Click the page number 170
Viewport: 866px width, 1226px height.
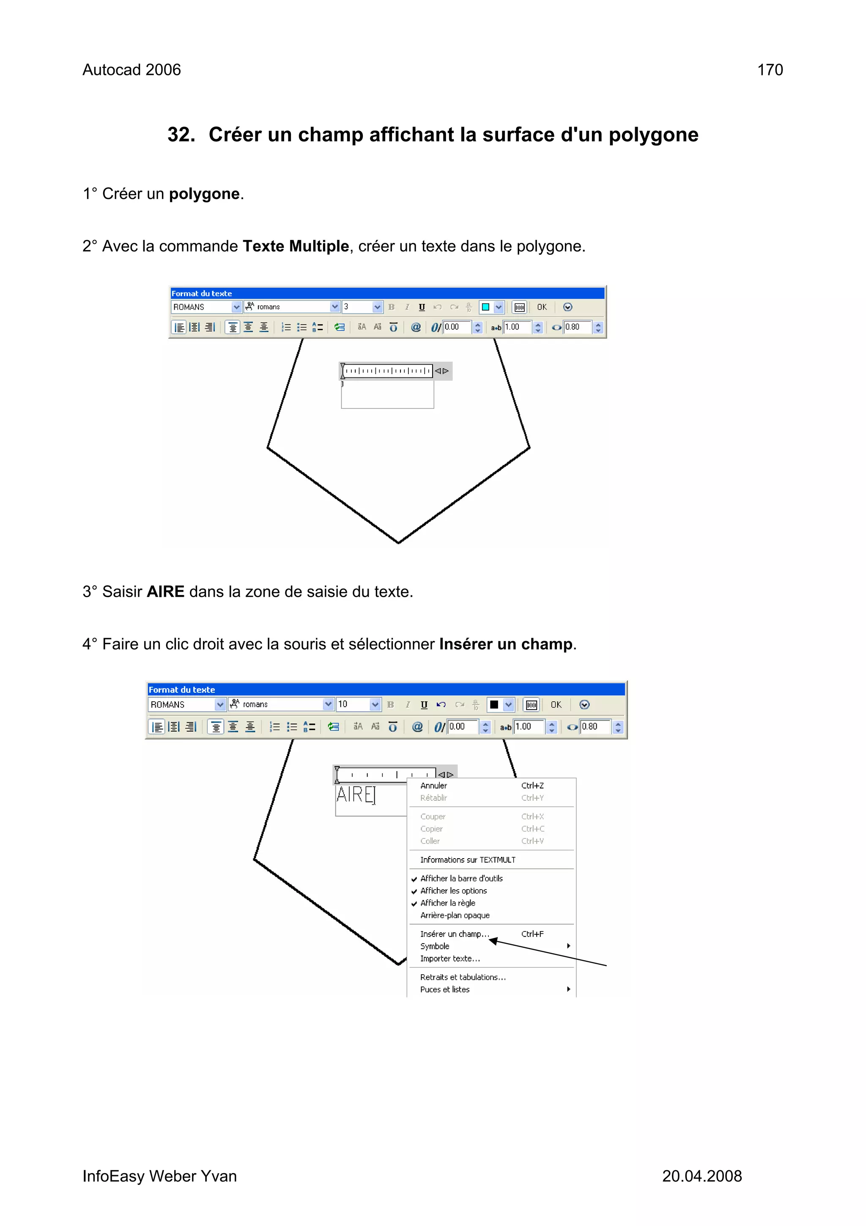pos(770,70)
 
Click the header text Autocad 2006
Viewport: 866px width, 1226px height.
pos(131,70)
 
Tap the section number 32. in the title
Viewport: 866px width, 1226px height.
pos(181,135)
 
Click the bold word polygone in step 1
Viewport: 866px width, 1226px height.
pos(204,194)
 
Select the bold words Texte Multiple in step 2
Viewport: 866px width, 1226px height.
pos(295,246)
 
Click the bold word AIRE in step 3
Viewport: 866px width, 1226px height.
pos(165,592)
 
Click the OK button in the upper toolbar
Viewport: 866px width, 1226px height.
pos(542,307)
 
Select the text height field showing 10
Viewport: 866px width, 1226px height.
pos(352,704)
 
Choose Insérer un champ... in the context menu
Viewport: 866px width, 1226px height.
pos(454,934)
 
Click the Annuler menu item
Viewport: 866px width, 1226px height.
pos(433,785)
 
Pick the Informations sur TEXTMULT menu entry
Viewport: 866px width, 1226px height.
pos(467,860)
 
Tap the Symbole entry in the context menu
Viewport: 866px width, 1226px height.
pos(434,946)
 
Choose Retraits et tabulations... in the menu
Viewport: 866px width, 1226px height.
pos(463,977)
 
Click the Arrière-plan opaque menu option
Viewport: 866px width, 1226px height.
pos(455,915)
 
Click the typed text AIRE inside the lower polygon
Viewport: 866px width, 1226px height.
pos(355,795)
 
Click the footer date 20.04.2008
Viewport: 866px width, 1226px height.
pos(701,1176)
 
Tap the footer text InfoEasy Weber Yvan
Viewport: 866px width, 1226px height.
pos(159,1176)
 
